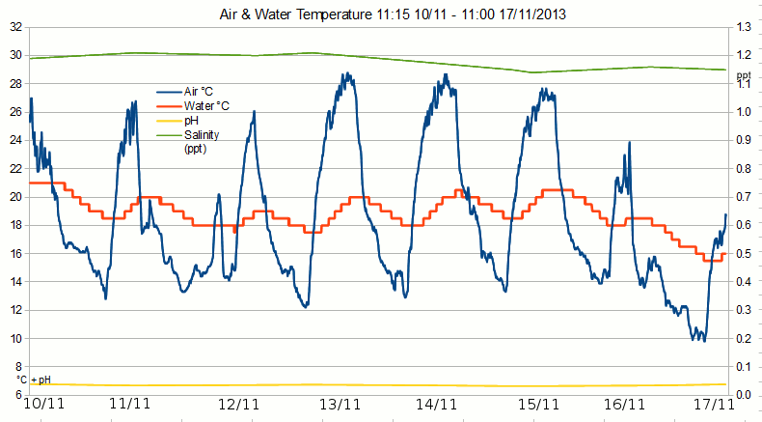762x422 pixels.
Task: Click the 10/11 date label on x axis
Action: click(43, 405)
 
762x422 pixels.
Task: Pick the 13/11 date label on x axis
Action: click(340, 405)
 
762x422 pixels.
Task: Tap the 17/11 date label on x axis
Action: click(713, 405)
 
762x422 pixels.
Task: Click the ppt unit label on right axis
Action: click(743, 74)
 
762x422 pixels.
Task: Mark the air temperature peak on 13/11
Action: click(344, 73)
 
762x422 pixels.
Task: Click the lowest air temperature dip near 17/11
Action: click(703, 340)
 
